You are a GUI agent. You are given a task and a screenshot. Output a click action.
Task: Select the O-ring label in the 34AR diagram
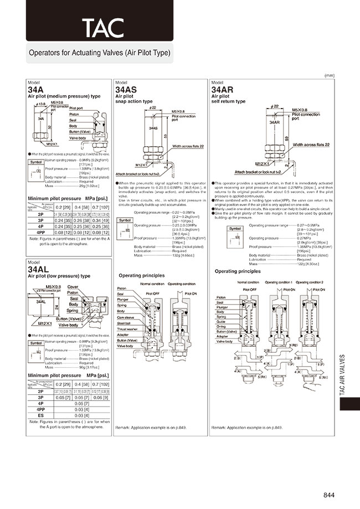(221, 326)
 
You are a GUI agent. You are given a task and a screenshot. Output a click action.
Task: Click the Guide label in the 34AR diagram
(220, 321)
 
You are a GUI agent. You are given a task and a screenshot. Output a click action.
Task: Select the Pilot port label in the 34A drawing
(76, 108)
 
